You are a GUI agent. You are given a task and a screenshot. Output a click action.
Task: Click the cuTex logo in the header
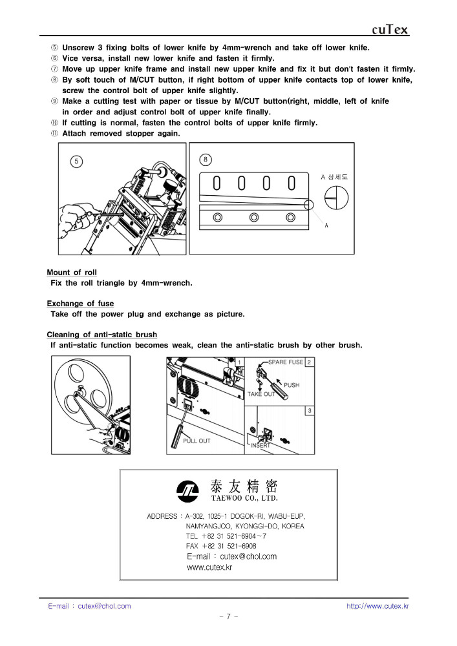[390, 30]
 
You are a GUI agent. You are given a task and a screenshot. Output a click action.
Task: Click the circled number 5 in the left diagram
[76, 161]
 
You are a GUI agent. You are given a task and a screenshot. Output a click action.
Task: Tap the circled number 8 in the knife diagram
[206, 160]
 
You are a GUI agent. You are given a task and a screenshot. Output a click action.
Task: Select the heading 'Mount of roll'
[72, 273]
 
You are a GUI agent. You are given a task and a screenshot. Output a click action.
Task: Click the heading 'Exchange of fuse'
[80, 304]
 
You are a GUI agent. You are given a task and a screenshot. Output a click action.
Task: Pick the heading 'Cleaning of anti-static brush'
[101, 335]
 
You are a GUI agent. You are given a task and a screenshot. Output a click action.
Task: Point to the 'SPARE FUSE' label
[285, 362]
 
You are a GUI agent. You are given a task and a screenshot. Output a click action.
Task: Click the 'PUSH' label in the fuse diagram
[292, 385]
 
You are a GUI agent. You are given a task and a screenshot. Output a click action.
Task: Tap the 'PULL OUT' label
[197, 441]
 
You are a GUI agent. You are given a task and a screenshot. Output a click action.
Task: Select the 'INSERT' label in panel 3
[260, 445]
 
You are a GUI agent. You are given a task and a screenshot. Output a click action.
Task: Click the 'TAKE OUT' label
[261, 393]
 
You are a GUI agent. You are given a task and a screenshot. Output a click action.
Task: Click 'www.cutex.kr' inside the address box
[209, 567]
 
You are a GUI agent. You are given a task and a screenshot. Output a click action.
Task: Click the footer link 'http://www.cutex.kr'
[377, 606]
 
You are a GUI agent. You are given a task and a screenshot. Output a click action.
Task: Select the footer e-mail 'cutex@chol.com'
[104, 606]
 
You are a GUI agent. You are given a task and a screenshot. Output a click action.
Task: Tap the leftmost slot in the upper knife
[217, 184]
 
